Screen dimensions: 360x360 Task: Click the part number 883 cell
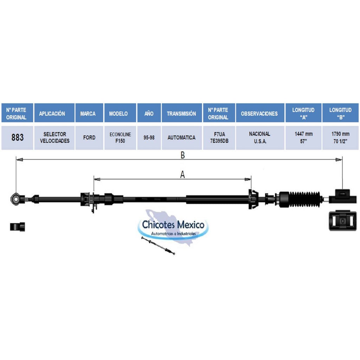pos(17,137)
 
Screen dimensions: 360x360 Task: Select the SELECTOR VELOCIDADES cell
pos(54,137)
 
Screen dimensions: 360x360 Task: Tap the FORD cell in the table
pos(89,137)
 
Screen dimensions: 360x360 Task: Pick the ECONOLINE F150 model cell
pos(120,137)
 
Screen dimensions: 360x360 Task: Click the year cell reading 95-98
pos(149,137)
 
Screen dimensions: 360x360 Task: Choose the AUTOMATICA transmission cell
pos(182,137)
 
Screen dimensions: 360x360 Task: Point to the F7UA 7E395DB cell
pos(219,137)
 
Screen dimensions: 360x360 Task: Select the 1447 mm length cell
pos(303,137)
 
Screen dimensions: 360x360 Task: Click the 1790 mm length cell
pos(340,137)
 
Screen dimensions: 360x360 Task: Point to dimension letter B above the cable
pos(182,155)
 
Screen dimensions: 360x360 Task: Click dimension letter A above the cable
pos(182,175)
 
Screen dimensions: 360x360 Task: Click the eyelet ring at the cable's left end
pos(15,199)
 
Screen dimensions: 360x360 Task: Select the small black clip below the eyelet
pos(18,227)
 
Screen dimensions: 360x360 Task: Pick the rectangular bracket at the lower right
pos(342,220)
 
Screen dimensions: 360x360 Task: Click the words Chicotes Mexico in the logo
pos(173,225)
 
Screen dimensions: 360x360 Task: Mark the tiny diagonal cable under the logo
pos(158,245)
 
